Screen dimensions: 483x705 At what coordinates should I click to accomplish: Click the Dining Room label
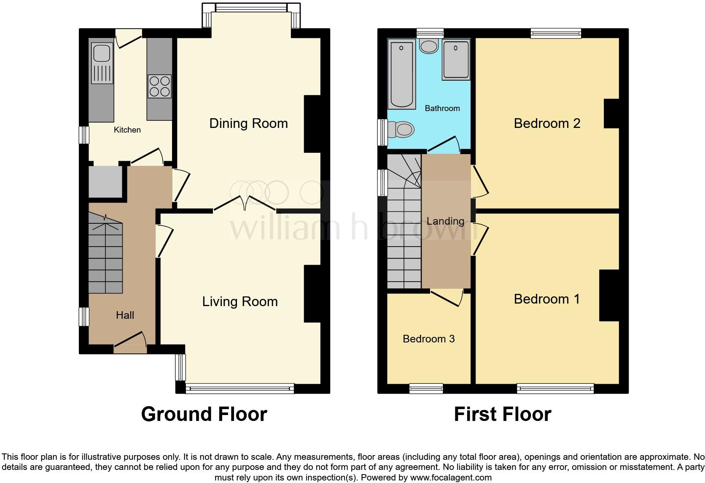pos(248,123)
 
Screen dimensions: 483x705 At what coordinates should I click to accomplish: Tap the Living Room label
pos(240,301)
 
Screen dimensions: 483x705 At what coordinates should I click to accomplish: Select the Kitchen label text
pos(127,130)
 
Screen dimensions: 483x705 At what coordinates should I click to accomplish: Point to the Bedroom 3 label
pos(428,339)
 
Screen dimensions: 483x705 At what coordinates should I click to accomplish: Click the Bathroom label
pos(442,108)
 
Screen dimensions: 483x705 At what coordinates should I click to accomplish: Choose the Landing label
pos(445,221)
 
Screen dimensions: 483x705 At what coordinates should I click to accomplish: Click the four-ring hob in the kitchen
pos(159,86)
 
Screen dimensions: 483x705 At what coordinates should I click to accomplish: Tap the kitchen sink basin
pos(102,54)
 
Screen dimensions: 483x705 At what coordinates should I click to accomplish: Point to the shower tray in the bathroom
pos(456,60)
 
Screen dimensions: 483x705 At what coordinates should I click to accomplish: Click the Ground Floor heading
pos(204,414)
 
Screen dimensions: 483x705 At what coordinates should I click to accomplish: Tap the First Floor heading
pos(502,414)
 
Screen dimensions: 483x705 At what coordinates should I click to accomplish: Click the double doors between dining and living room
pos(245,203)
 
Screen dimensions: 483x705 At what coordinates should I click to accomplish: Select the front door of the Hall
pos(130,342)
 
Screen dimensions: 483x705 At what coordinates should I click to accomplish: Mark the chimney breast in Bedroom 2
pos(611,113)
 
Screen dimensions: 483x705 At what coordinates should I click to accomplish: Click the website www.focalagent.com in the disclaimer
pos(451,478)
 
